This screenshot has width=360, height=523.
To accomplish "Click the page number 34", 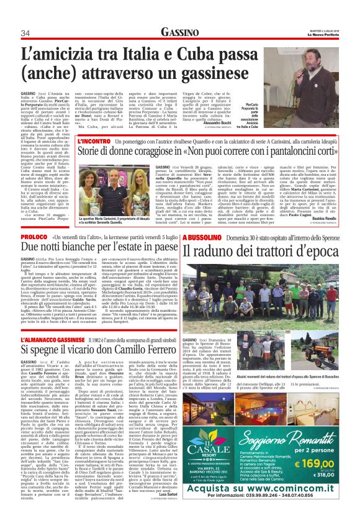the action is (25, 33).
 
